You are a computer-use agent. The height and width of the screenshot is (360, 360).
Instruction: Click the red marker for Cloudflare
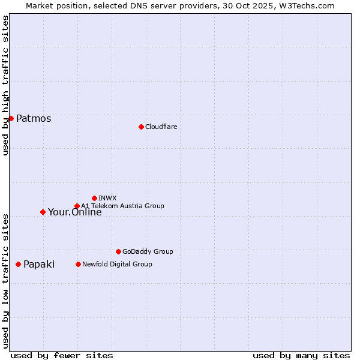(x=141, y=127)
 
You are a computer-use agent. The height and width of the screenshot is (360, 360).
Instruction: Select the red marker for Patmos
(x=11, y=118)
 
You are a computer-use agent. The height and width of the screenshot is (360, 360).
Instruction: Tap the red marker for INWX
(x=94, y=198)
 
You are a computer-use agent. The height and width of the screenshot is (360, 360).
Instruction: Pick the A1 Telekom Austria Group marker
(x=77, y=206)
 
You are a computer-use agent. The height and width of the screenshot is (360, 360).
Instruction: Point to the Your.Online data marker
(x=43, y=212)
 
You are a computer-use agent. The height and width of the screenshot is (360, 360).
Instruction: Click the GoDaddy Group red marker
(x=118, y=251)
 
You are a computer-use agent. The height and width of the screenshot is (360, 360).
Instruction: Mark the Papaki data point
(x=18, y=264)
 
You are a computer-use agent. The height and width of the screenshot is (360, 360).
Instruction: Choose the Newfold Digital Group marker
(x=78, y=264)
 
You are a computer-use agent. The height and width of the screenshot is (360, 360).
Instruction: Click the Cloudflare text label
(x=161, y=127)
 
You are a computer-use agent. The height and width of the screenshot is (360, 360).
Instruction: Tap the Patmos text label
(x=34, y=118)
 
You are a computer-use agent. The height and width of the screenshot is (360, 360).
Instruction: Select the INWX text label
(x=107, y=198)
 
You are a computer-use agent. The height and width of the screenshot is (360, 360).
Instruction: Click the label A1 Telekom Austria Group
(x=122, y=206)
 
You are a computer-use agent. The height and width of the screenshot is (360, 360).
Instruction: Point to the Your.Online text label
(x=75, y=212)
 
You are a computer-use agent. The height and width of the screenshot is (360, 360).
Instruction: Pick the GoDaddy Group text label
(x=148, y=251)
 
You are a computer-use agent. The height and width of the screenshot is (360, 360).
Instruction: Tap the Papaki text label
(x=39, y=264)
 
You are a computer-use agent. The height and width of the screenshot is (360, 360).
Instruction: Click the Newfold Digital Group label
(x=117, y=264)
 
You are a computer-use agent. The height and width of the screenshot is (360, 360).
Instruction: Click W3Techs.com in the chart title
(x=310, y=5)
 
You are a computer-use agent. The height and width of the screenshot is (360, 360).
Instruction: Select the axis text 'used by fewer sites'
(x=62, y=355)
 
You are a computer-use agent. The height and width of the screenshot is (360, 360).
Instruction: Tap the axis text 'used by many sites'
(x=301, y=355)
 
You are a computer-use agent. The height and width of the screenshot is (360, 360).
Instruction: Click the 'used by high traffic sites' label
(x=5, y=85)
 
